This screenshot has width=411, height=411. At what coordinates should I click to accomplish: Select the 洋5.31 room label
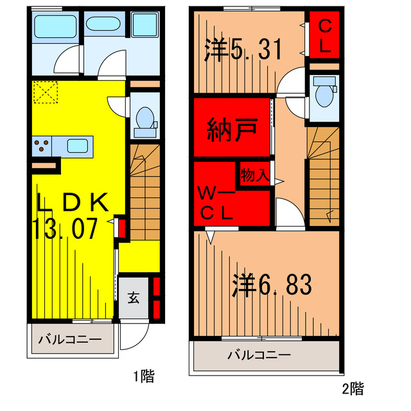[x=243, y=49]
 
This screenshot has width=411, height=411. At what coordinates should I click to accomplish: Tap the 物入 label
[x=254, y=174]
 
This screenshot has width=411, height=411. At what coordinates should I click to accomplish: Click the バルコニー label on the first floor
[x=69, y=339]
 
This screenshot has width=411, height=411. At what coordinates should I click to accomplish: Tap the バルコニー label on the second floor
[x=259, y=354]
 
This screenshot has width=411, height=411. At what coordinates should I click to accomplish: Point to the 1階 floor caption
[x=144, y=376]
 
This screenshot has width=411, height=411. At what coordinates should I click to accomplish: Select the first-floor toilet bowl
[x=145, y=119]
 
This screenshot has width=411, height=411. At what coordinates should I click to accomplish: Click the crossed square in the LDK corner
[x=45, y=92]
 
